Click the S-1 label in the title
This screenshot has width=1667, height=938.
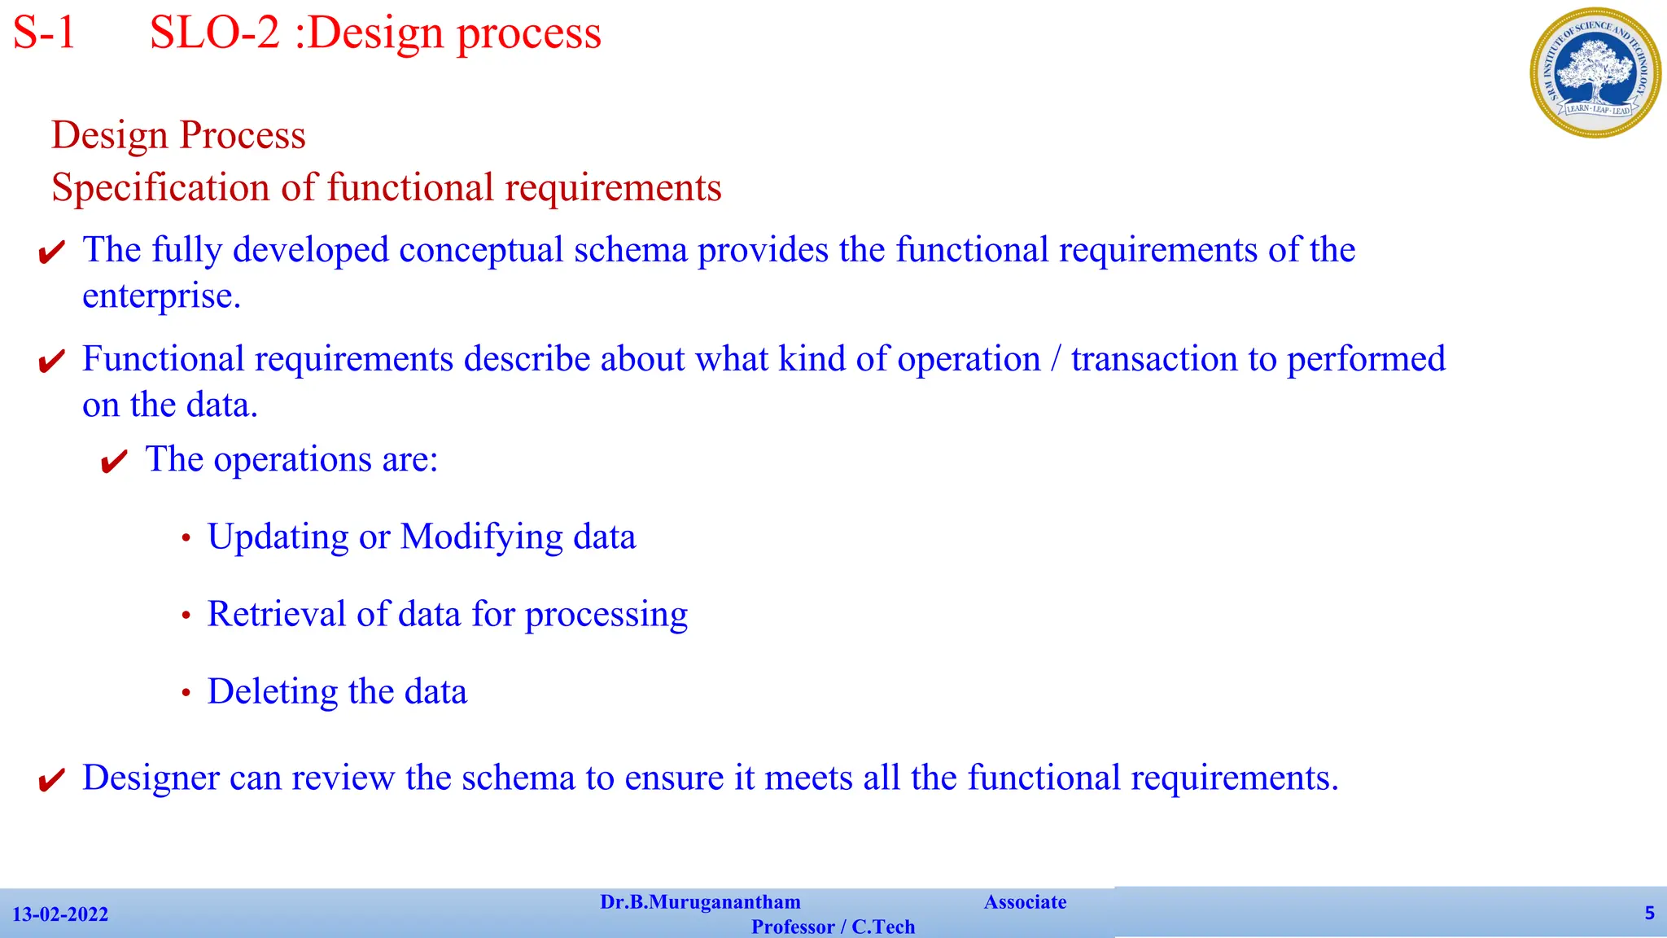[45, 34]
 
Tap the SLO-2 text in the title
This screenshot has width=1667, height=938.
[215, 34]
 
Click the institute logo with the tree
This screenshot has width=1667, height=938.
[1595, 73]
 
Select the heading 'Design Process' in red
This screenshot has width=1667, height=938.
[178, 135]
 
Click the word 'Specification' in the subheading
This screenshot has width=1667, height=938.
[160, 188]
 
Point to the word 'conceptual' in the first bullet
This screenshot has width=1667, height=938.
[481, 250]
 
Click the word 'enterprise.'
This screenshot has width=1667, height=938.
[161, 296]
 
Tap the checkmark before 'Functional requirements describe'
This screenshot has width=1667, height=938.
[51, 362]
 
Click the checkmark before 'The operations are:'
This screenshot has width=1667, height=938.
[114, 462]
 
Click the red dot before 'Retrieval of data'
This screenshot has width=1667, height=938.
[186, 616]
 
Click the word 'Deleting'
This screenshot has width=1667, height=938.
[272, 692]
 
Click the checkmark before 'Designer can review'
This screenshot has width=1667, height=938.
[51, 781]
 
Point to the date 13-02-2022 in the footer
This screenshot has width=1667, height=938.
[60, 914]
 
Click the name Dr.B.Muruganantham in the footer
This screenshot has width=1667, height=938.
[700, 902]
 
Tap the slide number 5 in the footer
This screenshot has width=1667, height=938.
[1649, 913]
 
